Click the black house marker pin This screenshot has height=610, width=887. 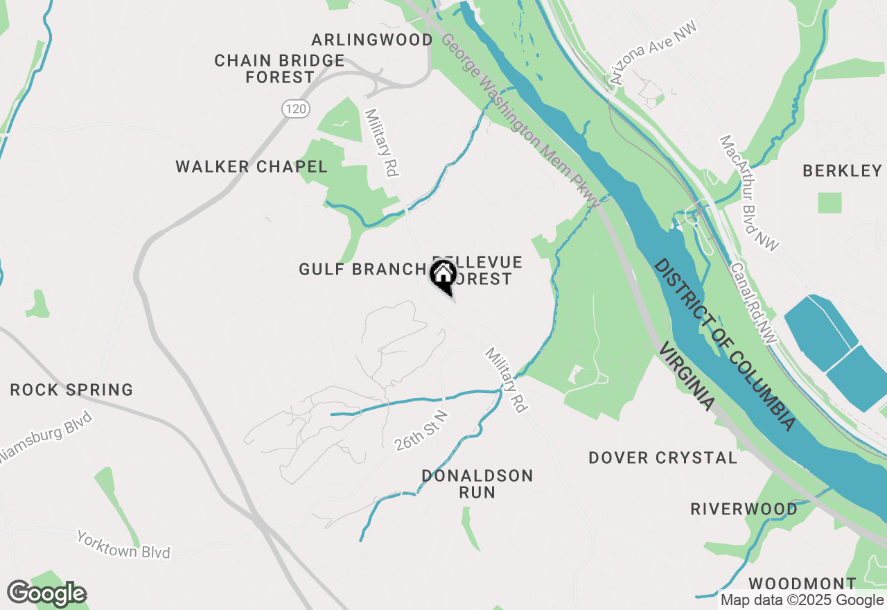[x=443, y=277]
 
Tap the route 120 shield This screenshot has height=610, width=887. [x=295, y=108]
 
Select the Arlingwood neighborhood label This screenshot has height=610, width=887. [x=372, y=40]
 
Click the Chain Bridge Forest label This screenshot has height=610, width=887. [x=279, y=69]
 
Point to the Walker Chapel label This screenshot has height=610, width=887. [x=252, y=166]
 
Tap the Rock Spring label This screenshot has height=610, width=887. [x=71, y=390]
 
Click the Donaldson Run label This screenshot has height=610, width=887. [x=477, y=484]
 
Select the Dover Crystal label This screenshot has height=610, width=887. [x=663, y=458]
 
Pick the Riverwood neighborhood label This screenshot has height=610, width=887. [x=744, y=509]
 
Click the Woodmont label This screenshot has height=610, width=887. [x=802, y=583]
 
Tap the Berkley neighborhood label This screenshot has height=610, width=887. [x=842, y=171]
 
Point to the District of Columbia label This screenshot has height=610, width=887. [x=724, y=345]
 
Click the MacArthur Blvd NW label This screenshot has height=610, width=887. [x=749, y=193]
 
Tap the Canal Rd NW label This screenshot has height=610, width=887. [x=754, y=302]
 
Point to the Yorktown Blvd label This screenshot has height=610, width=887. [x=123, y=545]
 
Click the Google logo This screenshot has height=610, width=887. [x=47, y=594]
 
